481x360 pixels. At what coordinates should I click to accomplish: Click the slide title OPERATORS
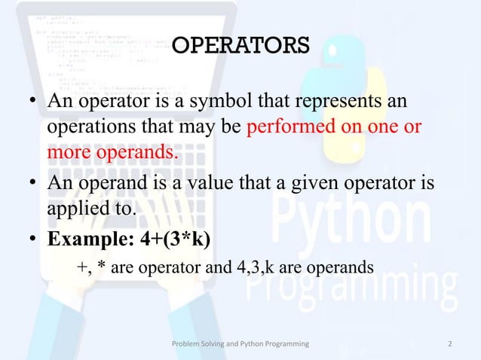240,47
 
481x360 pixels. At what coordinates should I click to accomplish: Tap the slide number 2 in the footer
449,344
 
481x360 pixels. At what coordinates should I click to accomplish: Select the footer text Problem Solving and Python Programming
240,344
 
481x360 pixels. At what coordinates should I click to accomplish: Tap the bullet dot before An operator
35,102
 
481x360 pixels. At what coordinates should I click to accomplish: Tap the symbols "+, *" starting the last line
90,267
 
